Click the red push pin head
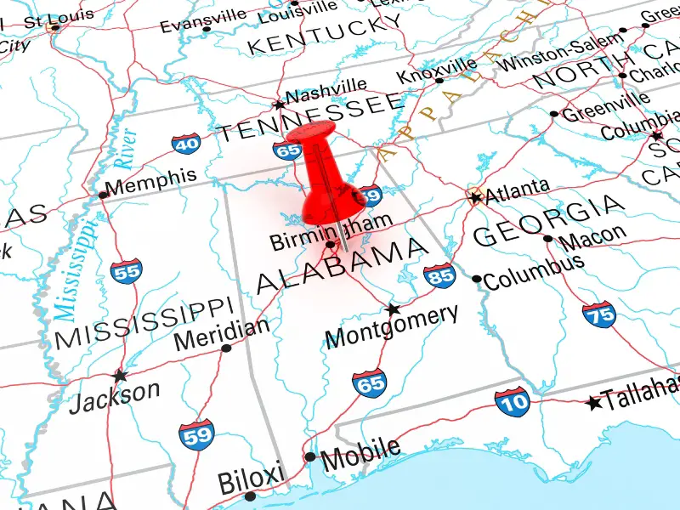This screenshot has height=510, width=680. pos(313,136)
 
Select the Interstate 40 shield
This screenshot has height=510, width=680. pos(186,143)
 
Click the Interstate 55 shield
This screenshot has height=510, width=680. pos(126,271)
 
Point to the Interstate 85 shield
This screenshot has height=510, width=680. pos(439,275)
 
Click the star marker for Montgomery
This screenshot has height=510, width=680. pos(393,309)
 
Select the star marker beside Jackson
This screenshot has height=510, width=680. pos(120,375)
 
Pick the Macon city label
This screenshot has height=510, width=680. pos(592,235)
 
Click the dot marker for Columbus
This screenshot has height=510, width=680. pos(477,279)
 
